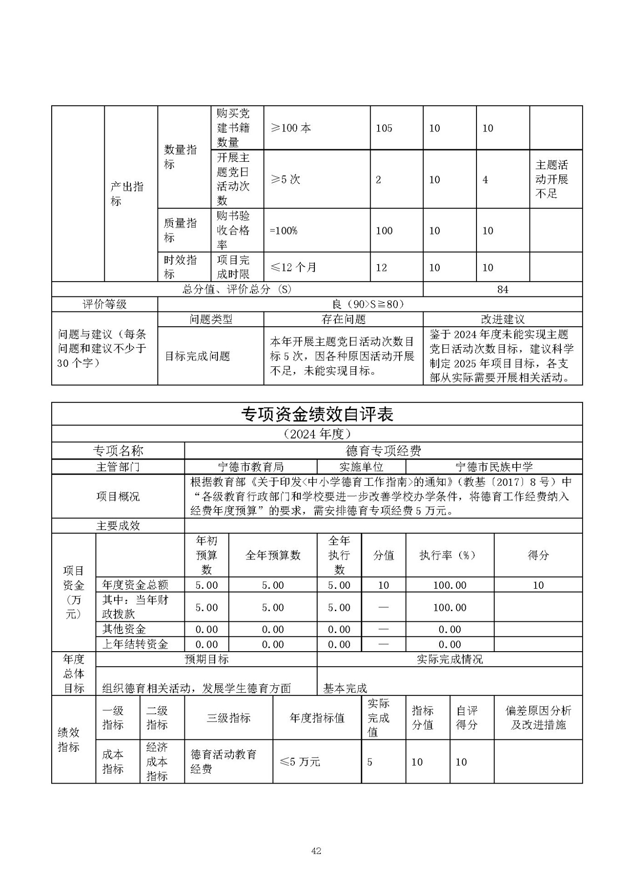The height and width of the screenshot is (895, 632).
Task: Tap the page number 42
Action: (x=316, y=851)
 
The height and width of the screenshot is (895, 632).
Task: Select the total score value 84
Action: (x=503, y=289)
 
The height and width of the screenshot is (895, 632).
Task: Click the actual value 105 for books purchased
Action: (x=384, y=128)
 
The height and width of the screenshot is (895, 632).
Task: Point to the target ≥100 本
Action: (x=291, y=128)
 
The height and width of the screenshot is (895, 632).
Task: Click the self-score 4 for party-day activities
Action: (x=485, y=180)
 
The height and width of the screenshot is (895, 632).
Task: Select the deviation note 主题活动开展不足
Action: (x=552, y=179)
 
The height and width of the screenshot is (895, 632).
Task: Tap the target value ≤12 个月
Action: (x=293, y=268)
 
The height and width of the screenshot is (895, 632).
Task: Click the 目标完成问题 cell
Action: (x=198, y=357)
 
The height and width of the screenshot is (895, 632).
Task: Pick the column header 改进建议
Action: (x=503, y=319)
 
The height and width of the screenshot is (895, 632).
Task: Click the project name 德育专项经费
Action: (x=383, y=451)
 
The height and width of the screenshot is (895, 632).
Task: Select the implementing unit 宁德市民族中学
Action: (x=494, y=467)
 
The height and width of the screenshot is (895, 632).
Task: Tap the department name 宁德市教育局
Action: (x=251, y=467)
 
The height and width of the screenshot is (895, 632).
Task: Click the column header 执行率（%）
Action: (x=449, y=555)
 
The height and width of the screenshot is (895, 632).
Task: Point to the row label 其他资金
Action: (x=124, y=629)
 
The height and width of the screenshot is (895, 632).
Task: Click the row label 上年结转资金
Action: (x=135, y=644)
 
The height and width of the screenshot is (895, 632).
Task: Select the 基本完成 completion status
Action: (x=345, y=688)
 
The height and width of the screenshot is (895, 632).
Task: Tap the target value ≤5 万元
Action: (x=300, y=762)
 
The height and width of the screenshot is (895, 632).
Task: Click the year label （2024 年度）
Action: (x=317, y=434)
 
